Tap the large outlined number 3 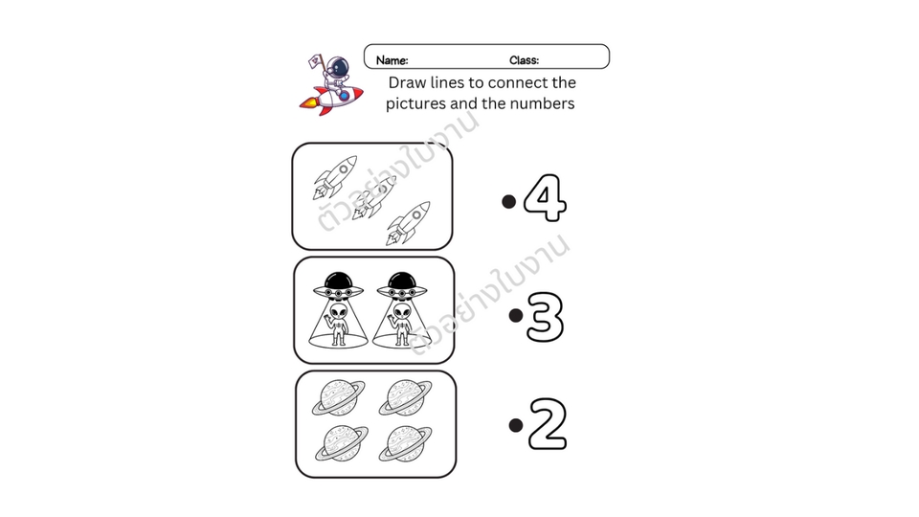point(545,317)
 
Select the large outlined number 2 point(548,423)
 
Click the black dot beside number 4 point(508,202)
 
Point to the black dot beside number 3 point(516,315)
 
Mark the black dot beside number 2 point(516,425)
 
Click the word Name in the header point(392,60)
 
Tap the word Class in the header point(524,60)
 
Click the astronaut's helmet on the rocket point(338,67)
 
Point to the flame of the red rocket point(308,104)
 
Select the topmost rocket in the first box point(335,177)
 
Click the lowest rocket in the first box point(408,223)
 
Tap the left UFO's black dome point(338,281)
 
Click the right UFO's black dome point(402,281)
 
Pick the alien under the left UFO point(338,324)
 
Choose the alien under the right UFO point(402,324)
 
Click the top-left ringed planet point(338,397)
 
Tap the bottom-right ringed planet point(405,443)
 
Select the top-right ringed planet point(405,397)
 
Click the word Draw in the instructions point(407,82)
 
